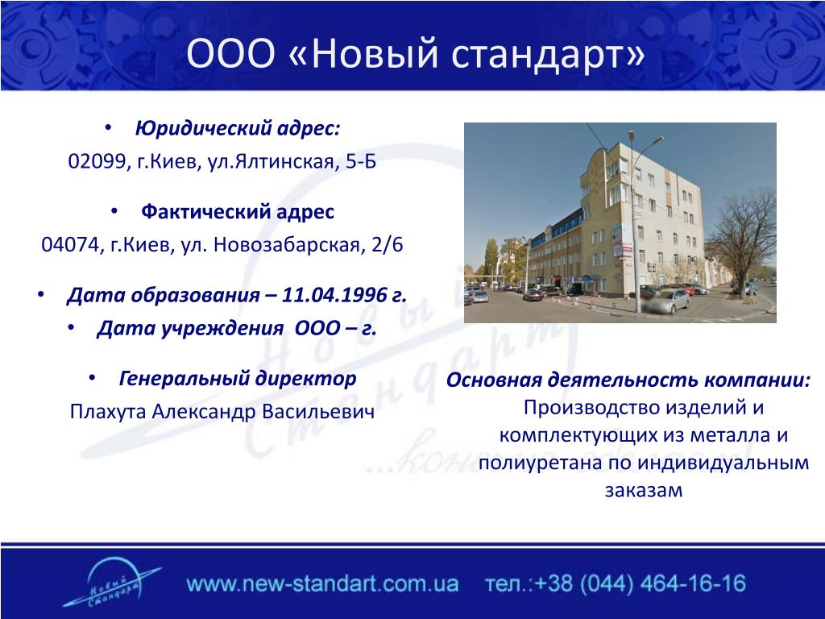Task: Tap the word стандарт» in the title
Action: [x=548, y=54]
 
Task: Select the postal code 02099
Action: [x=97, y=161]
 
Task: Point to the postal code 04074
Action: [x=69, y=245]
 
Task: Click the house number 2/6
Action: [x=388, y=245]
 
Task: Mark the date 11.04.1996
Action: [x=334, y=295]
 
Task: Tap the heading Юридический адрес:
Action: [x=238, y=128]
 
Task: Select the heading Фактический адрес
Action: [x=238, y=212]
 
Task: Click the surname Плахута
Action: [x=108, y=412]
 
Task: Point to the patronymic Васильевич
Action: [x=318, y=412]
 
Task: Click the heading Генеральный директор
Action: [x=238, y=379]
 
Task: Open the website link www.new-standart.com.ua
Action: [x=322, y=584]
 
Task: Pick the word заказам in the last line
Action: [x=644, y=491]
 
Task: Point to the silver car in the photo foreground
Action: [x=666, y=302]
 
